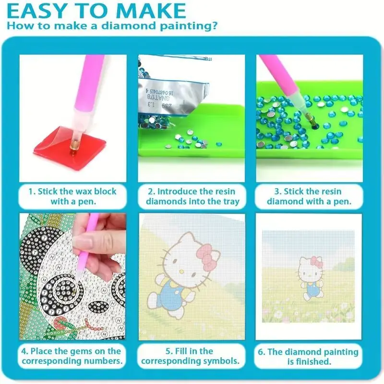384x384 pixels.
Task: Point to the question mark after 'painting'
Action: point(214,25)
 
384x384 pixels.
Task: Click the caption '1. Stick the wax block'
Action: point(72,191)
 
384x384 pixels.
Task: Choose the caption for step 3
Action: point(309,196)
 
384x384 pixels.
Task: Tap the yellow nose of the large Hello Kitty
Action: point(181,272)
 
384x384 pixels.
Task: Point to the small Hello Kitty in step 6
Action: point(310,278)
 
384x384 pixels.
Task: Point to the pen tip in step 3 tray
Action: point(314,125)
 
